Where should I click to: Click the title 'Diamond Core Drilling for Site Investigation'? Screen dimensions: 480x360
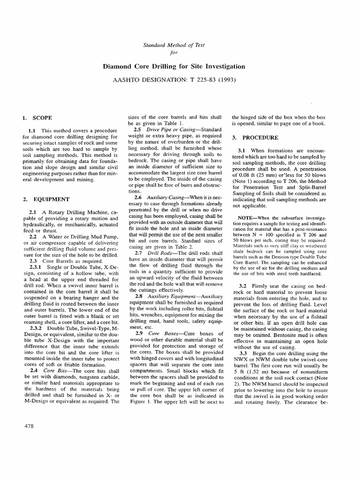click(180, 67)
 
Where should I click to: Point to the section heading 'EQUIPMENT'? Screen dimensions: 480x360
click(50, 199)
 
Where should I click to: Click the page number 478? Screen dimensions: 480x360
click(28, 426)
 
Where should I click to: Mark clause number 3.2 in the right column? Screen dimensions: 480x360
click(243, 285)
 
